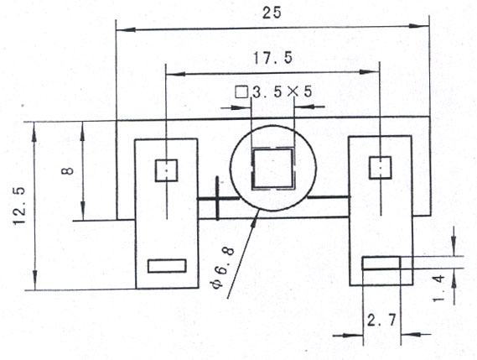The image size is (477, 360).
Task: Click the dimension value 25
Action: pyautogui.click(x=272, y=13)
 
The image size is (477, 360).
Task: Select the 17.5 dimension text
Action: pyautogui.click(x=272, y=58)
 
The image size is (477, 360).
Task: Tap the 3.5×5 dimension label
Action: pyautogui.click(x=282, y=91)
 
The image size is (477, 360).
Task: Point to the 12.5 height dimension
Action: pyautogui.click(x=19, y=206)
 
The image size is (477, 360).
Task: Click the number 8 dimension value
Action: pyautogui.click(x=68, y=171)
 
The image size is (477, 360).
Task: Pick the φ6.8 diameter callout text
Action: pyautogui.click(x=224, y=267)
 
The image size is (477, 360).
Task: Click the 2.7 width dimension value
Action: pyautogui.click(x=381, y=320)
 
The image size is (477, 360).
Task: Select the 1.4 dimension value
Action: pyautogui.click(x=439, y=288)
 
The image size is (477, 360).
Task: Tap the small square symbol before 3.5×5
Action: pyautogui.click(x=241, y=92)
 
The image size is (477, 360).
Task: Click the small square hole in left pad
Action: pyautogui.click(x=166, y=170)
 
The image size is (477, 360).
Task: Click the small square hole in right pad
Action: pyautogui.click(x=380, y=168)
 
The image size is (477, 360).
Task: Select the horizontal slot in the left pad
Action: pyautogui.click(x=167, y=266)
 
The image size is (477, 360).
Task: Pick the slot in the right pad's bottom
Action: pyautogui.click(x=381, y=263)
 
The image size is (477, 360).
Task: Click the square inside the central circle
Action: pyautogui.click(x=272, y=169)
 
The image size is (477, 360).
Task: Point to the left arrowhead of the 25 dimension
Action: pyautogui.click(x=126, y=30)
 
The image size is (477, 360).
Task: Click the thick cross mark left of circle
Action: pyautogui.click(x=217, y=198)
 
